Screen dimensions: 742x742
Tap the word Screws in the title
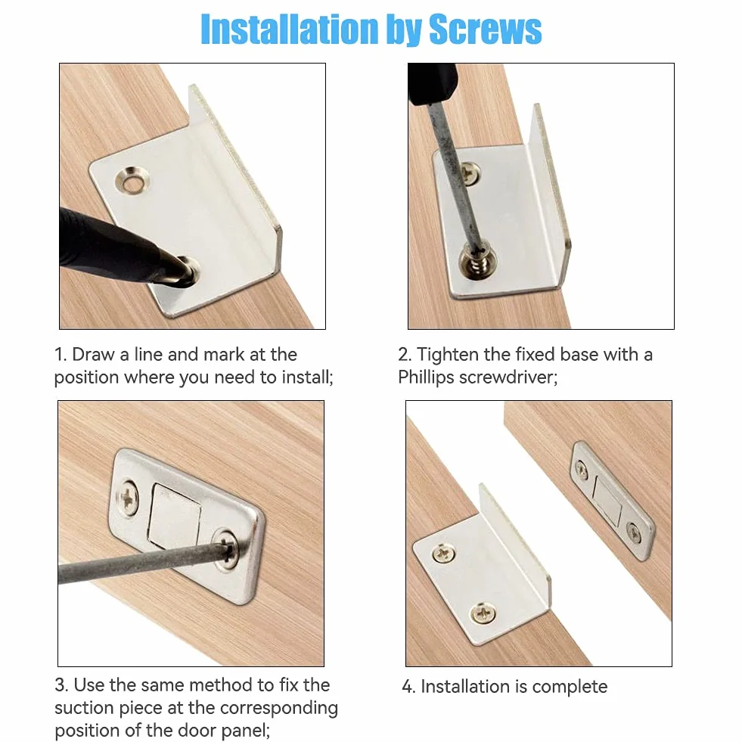tap(485, 29)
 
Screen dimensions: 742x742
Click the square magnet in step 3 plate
tap(175, 516)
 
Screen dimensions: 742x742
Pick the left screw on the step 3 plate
tap(128, 498)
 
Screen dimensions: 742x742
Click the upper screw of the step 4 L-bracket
tap(444, 553)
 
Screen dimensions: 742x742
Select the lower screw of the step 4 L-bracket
tap(483, 613)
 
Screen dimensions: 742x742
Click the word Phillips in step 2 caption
tap(425, 378)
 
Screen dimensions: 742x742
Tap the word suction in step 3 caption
tap(83, 708)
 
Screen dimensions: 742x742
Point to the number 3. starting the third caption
tap(61, 685)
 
